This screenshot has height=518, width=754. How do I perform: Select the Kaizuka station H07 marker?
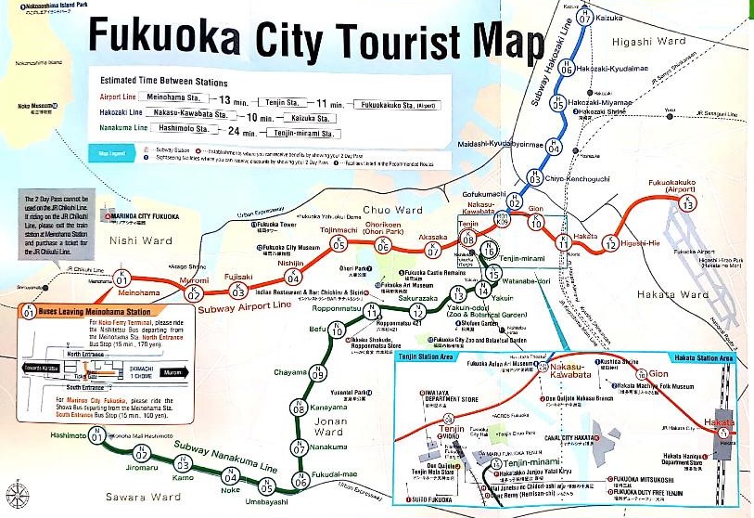(584, 16)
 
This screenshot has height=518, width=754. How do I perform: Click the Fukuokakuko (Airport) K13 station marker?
(687, 203)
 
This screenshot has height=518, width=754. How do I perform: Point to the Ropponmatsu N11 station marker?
(371, 313)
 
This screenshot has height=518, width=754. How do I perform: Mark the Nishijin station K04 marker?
(293, 277)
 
